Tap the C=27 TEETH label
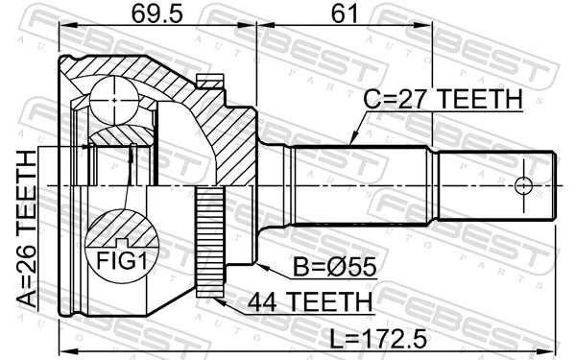442,99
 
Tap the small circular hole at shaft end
523,183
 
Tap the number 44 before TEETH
263,302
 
